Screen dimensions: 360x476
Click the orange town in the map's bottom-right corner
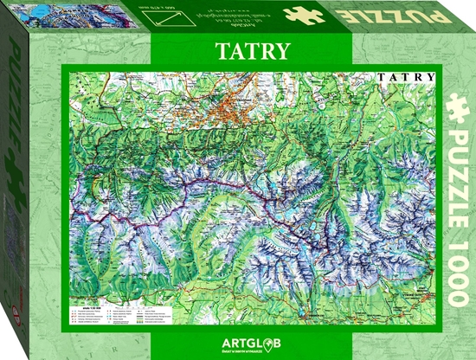[x=408, y=299]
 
